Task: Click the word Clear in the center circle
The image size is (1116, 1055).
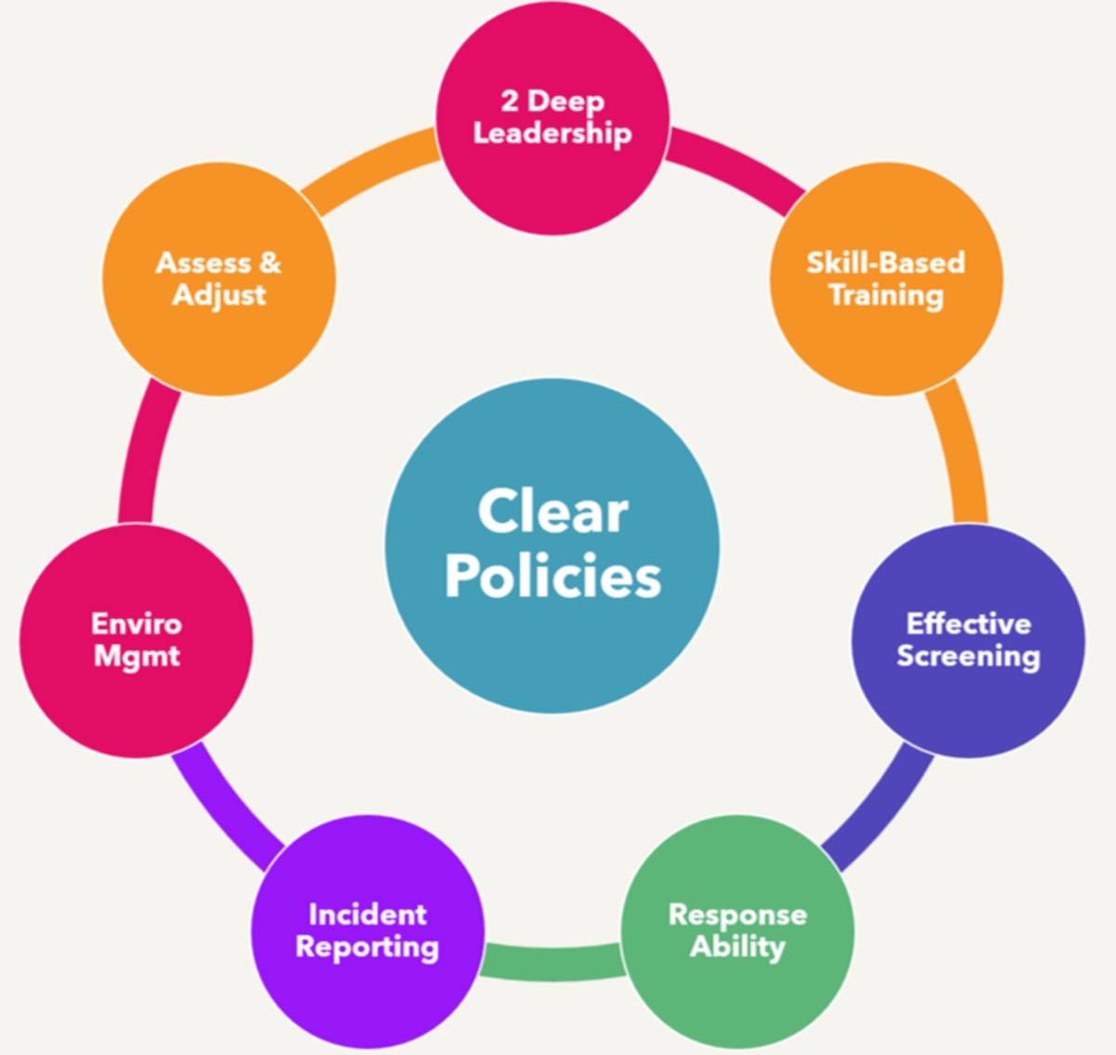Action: [x=552, y=512]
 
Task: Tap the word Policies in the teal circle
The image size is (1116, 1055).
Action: [x=552, y=576]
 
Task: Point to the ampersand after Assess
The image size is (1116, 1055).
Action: [x=270, y=263]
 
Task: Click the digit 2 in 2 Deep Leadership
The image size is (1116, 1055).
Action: [x=510, y=100]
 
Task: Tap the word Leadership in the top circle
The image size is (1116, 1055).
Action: [x=552, y=133]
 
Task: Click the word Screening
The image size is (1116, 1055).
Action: [x=968, y=656]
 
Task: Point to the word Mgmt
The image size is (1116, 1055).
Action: [x=137, y=656]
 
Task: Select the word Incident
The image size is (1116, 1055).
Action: [x=367, y=915]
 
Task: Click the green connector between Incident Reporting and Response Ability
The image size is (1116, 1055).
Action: [x=552, y=960]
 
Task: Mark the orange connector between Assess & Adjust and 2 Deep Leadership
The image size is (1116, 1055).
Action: [x=372, y=167]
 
